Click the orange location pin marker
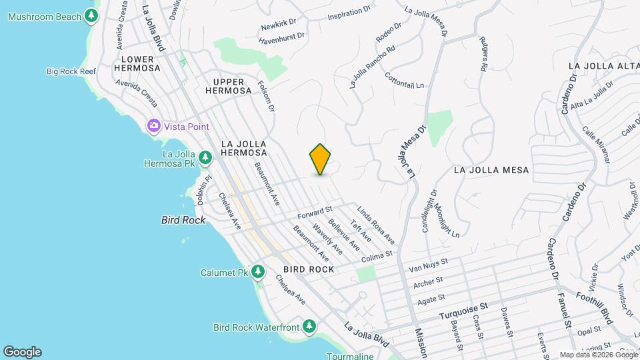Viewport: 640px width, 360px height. point(321,159)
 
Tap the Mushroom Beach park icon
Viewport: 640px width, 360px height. point(91,16)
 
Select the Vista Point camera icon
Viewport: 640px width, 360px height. point(154,126)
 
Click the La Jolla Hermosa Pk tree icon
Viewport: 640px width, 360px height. point(206,157)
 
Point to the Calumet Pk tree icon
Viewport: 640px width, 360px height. point(258,272)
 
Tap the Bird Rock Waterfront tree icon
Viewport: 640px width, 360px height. point(309,327)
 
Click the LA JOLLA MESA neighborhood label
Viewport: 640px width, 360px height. point(491,170)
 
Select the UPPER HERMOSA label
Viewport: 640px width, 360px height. point(228,85)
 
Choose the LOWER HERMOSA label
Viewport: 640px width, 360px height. point(137,63)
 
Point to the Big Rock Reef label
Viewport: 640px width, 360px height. point(73,71)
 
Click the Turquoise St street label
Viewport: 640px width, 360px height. point(464,307)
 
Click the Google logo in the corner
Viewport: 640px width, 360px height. point(22,351)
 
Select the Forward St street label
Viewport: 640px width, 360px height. point(315,214)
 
